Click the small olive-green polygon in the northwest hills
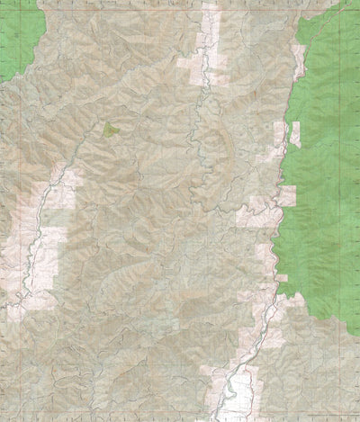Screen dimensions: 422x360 (110, 130)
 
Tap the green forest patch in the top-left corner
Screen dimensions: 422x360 (18, 36)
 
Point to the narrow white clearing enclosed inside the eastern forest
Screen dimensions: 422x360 (294, 135)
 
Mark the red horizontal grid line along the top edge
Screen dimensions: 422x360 (180, 3)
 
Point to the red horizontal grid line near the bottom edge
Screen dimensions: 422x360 (180, 409)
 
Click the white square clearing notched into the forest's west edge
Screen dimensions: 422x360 (286, 195)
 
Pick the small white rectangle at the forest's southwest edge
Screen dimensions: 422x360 (282, 277)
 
